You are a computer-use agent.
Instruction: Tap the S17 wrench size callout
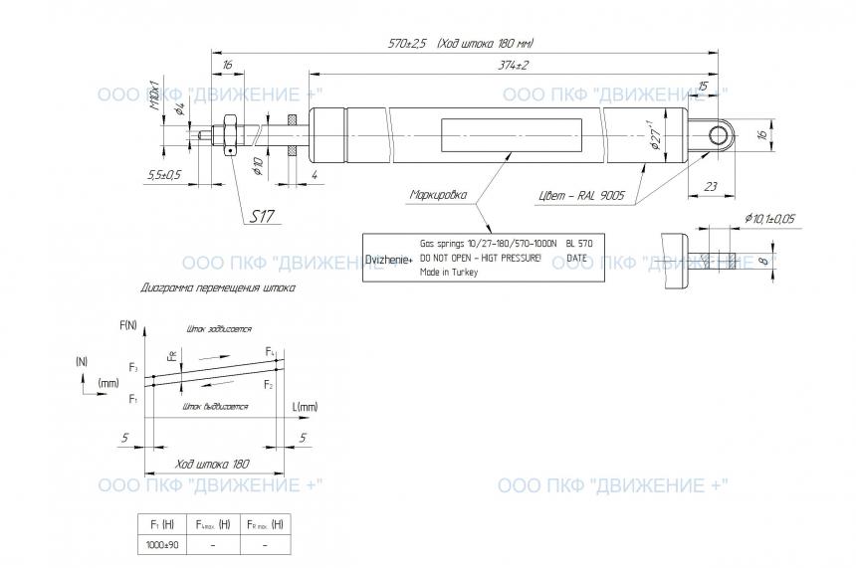pyautogui.click(x=262, y=216)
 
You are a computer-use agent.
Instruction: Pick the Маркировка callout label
pyautogui.click(x=438, y=195)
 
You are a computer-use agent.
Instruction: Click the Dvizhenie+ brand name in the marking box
pyautogui.click(x=386, y=259)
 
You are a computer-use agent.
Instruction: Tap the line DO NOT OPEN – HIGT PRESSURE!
pyautogui.click(x=481, y=258)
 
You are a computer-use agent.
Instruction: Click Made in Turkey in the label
pyautogui.click(x=449, y=272)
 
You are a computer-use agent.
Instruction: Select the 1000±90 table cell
pyautogui.click(x=162, y=544)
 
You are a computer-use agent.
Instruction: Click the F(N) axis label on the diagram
pyautogui.click(x=128, y=325)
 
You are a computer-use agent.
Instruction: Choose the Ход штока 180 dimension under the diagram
pyautogui.click(x=211, y=465)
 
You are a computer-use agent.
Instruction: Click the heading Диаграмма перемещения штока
pyautogui.click(x=219, y=288)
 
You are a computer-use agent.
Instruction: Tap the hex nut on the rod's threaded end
pyautogui.click(x=228, y=133)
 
